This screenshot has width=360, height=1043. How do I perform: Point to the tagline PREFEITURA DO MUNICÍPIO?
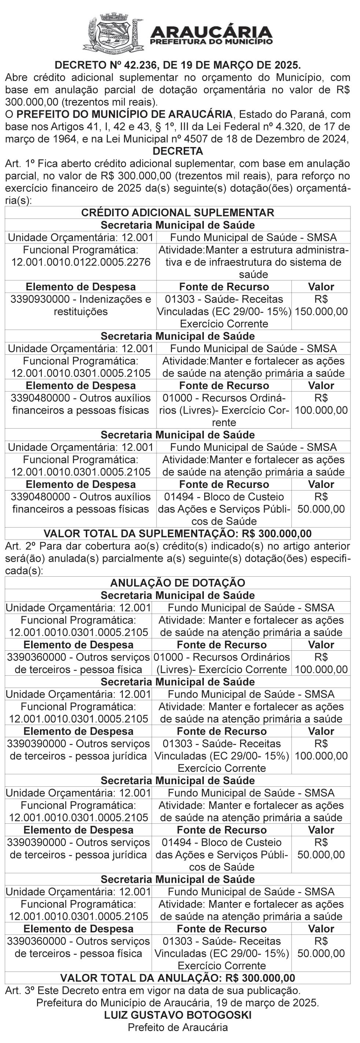pos(211,41)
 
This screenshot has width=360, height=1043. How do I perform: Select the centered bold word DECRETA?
pos(178,151)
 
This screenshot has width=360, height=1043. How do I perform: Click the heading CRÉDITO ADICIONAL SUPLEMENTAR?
pos(178,213)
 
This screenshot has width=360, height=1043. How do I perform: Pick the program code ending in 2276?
pos(81,262)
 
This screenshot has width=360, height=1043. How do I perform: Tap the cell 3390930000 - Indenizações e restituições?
pos(81,305)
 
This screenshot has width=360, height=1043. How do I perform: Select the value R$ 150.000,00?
pos(321,306)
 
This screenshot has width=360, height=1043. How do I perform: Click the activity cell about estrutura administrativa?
pos(253,262)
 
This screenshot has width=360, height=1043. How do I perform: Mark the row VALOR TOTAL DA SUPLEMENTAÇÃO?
pos(178,534)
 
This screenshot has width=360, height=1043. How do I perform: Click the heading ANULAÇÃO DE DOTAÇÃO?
pos(178,583)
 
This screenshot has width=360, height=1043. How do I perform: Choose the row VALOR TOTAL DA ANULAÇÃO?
pos(178,978)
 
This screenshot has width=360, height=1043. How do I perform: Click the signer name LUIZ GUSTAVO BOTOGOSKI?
pos(178,1015)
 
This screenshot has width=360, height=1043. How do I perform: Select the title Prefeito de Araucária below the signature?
pos(178,1028)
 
